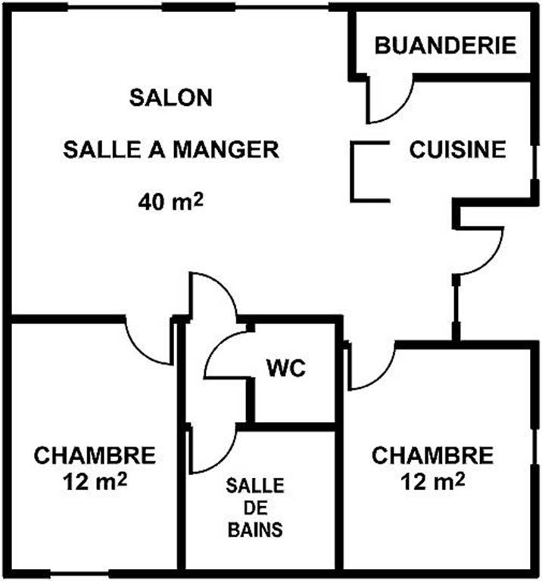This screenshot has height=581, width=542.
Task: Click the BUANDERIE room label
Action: pyautogui.click(x=445, y=45)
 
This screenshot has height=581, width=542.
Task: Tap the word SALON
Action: pyautogui.click(x=171, y=98)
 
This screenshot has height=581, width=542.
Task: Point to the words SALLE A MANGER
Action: pyautogui.click(x=171, y=149)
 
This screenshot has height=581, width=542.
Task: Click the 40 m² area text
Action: pyautogui.click(x=171, y=201)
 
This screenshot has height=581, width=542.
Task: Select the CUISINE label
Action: pyautogui.click(x=457, y=149)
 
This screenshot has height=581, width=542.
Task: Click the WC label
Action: pyautogui.click(x=286, y=368)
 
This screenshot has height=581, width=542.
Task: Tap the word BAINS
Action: pyautogui.click(x=255, y=530)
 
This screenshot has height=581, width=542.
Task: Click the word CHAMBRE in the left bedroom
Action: pyautogui.click(x=95, y=455)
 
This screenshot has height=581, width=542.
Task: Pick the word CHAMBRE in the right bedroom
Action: pyautogui.click(x=433, y=455)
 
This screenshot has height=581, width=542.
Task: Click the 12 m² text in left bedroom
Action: pyautogui.click(x=95, y=482)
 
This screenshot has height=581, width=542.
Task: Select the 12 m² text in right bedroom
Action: pyautogui.click(x=433, y=482)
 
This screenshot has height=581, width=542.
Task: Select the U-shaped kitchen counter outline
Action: pyautogui.click(x=353, y=172)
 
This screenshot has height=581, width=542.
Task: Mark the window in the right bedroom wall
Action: pyautogui.click(x=534, y=446)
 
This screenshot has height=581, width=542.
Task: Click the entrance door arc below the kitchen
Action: pyautogui.click(x=493, y=259)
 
